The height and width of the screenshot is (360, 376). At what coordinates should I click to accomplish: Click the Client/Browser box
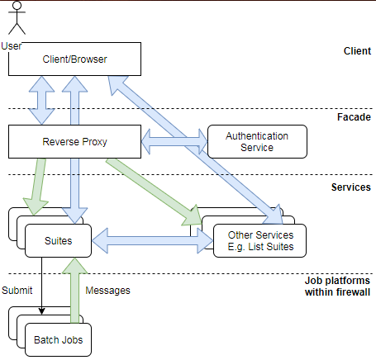click(x=74, y=59)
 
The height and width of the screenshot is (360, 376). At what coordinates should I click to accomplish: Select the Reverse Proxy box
click(x=74, y=141)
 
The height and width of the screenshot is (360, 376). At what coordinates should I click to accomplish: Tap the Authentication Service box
click(x=257, y=141)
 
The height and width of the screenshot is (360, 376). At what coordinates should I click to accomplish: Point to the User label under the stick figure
click(x=12, y=45)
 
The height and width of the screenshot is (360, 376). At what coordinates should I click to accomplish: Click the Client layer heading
click(x=357, y=51)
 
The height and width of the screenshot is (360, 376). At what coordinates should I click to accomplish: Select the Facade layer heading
click(x=355, y=117)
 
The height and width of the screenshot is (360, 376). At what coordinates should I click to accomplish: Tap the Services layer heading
click(x=350, y=187)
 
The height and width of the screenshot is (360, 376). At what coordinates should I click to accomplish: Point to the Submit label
click(x=17, y=291)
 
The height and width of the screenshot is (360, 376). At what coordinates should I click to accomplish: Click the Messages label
click(x=109, y=291)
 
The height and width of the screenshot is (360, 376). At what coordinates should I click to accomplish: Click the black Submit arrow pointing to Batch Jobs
click(x=41, y=289)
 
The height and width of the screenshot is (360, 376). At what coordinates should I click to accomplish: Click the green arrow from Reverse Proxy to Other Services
click(x=157, y=191)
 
